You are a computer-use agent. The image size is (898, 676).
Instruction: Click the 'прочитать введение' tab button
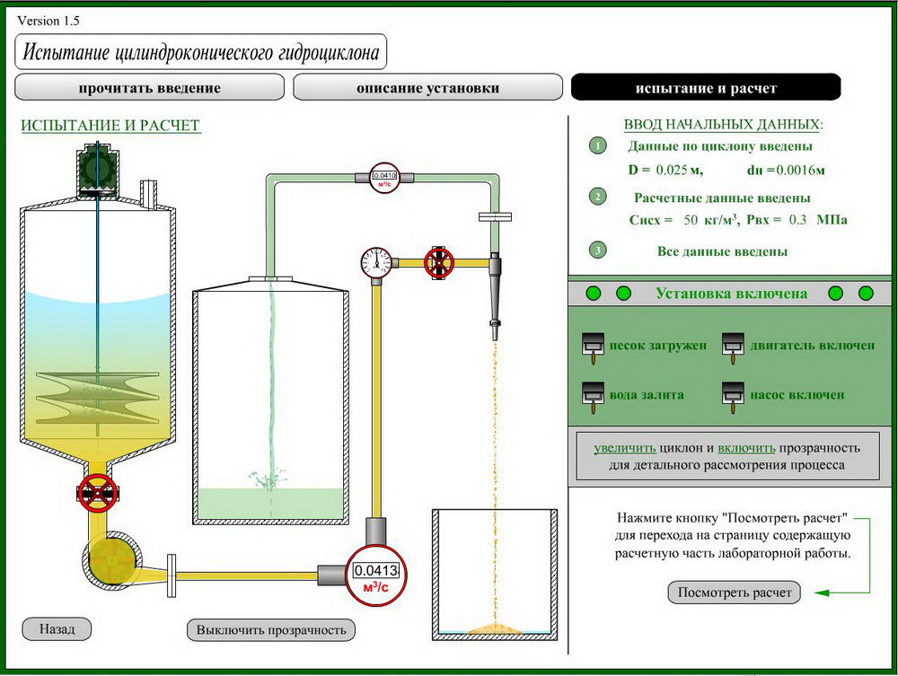149,88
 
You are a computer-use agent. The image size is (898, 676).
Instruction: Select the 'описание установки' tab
427,88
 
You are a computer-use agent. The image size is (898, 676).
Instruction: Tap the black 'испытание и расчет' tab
706,88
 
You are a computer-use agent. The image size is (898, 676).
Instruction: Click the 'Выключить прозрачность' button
270,629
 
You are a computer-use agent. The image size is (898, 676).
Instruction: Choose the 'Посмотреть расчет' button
735,593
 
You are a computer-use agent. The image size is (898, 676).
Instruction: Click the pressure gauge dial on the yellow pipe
375,262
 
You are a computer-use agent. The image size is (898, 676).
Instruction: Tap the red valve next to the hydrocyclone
439,262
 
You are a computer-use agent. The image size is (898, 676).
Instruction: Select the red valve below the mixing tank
96,492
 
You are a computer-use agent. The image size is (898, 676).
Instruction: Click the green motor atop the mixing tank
96,169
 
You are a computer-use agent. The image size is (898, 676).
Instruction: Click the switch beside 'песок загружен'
592,347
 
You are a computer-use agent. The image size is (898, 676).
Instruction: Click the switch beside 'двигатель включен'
732,347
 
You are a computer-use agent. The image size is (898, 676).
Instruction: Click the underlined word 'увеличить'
625,447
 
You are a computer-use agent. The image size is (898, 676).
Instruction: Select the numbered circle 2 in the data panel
597,197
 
